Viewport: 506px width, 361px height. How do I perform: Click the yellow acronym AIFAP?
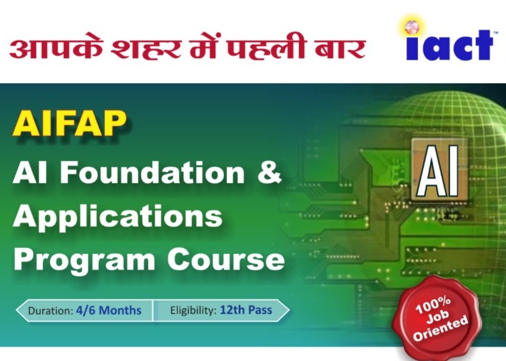[x=69, y=124]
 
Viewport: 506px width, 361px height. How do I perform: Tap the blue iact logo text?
[x=449, y=45]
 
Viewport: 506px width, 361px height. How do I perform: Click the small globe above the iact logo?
[x=411, y=27]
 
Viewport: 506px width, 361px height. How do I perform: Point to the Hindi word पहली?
[x=265, y=48]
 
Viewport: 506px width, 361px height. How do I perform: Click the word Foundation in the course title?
[x=152, y=172]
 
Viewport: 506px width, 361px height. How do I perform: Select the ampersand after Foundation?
[x=269, y=172]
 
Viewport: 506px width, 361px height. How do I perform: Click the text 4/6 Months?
[x=109, y=310]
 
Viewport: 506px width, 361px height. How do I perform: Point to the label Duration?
[x=51, y=310]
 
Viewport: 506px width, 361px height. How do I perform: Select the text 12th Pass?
[x=246, y=310]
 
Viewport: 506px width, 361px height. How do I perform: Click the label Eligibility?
[x=193, y=310]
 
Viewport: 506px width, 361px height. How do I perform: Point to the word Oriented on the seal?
[x=441, y=328]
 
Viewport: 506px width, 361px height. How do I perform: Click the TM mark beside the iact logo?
[x=496, y=32]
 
